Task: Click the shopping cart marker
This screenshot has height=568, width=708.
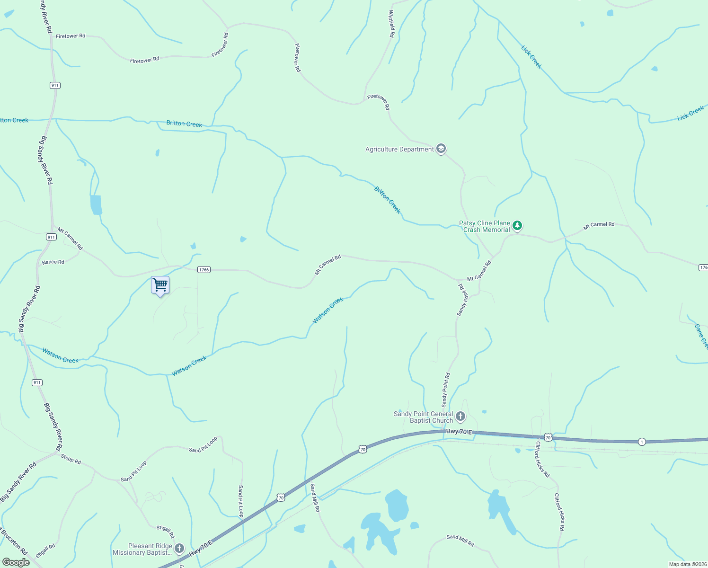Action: coord(160,285)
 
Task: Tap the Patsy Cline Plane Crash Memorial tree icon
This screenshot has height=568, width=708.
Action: coord(517,226)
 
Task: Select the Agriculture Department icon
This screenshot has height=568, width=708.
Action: coord(441,149)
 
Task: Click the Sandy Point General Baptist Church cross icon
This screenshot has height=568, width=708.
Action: coord(460,417)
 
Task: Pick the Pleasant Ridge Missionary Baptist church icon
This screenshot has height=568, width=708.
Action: coord(179,549)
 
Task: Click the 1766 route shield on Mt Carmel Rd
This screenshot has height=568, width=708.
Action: coord(204,270)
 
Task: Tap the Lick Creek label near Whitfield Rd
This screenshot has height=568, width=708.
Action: coord(531,57)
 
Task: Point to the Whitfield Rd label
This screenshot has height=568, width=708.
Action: coord(392,24)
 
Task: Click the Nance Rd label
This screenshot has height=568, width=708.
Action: coord(53,262)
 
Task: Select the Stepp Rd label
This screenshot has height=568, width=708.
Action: coord(71,459)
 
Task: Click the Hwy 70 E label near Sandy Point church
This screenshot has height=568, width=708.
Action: coord(459,432)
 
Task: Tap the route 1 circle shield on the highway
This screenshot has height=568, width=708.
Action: coord(641,442)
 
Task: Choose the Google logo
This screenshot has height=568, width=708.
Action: coord(16,562)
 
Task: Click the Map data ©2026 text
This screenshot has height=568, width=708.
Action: coord(687,564)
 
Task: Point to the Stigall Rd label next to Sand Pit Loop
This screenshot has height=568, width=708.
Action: coord(166,532)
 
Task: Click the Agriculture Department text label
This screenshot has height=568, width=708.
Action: coord(399,149)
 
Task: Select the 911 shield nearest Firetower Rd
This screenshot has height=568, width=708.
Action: coord(55,85)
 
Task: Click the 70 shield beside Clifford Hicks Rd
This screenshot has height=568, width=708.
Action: coord(548,437)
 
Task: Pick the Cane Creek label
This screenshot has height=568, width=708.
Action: coord(701,337)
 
